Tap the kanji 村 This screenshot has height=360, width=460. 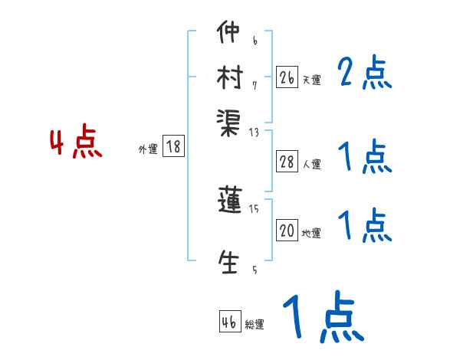[229, 77]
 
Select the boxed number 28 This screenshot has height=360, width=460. [287, 161]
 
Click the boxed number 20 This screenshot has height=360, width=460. [287, 231]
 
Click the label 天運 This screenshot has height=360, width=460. [311, 80]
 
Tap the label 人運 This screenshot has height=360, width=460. [311, 164]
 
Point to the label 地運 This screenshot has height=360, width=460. [311, 234]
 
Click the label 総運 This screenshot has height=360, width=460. [255, 325]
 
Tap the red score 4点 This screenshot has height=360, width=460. [76, 143]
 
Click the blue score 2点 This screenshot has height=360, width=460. [364, 74]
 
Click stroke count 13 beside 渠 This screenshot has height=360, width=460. [255, 133]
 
